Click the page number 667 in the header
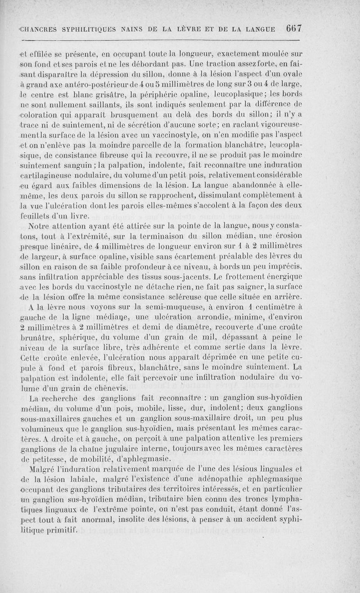click(293, 28)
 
